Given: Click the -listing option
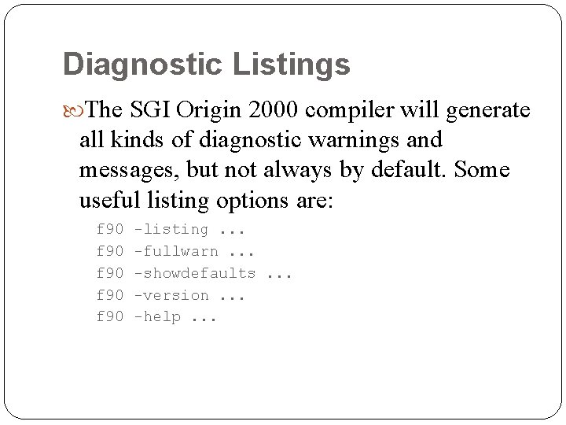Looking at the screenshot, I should (171, 230).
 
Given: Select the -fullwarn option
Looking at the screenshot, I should (176, 252).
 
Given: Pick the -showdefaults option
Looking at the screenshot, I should (195, 273).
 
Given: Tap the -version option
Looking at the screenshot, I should (171, 295).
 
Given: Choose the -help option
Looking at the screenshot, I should (157, 316).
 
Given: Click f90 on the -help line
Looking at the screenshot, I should (110, 316).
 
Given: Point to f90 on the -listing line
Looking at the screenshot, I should (110, 230).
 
